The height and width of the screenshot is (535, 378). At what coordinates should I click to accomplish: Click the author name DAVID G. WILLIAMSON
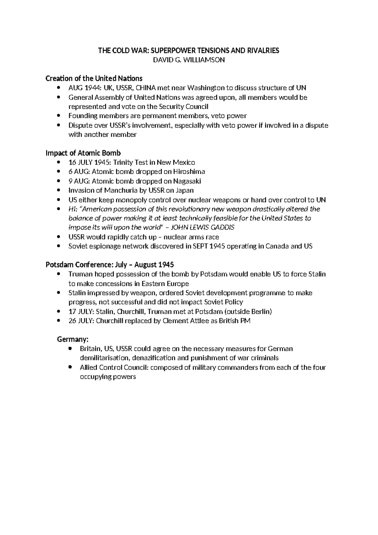click(x=189, y=60)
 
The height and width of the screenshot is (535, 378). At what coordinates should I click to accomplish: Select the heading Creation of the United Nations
click(x=94, y=78)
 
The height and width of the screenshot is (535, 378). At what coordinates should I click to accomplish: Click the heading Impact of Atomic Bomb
click(x=83, y=153)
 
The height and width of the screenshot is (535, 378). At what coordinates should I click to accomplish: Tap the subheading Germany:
click(x=73, y=339)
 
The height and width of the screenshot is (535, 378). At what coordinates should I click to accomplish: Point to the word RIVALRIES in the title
click(x=264, y=50)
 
